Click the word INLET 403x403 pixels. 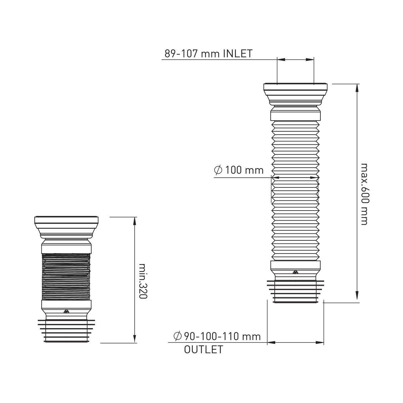238,53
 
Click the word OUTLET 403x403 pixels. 204,350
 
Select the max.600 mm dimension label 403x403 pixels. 364,194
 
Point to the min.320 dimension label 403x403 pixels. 143,281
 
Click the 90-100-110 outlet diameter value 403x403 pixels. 222,337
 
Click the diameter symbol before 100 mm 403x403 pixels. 218,170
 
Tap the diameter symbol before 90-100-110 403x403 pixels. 178,337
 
